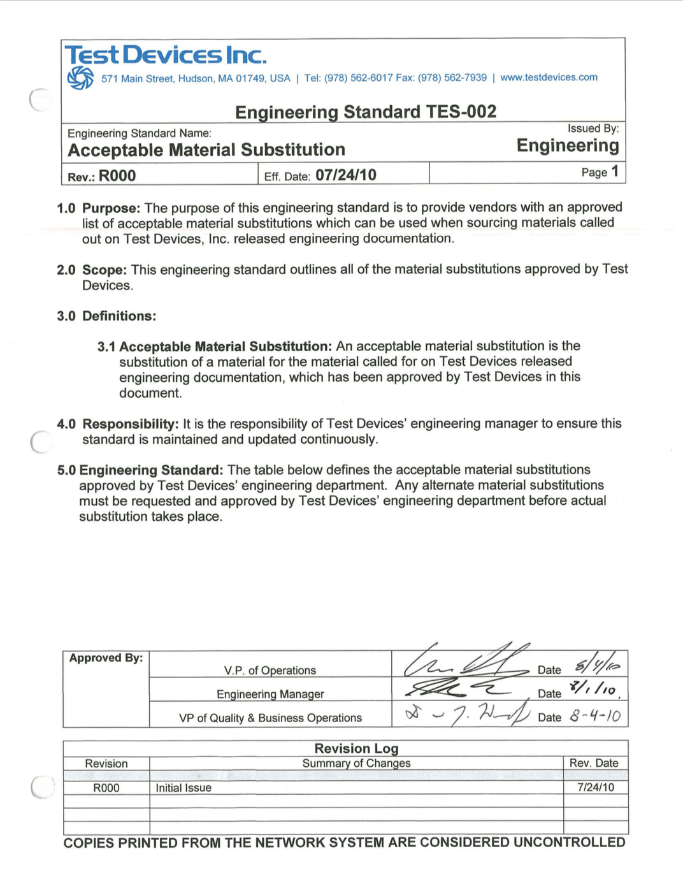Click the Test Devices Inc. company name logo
coord(166,55)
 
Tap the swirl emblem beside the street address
coord(80,78)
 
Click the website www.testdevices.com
coord(549,77)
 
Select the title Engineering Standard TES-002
coord(366,112)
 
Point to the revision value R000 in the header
coord(117,176)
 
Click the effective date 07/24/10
coord(346,175)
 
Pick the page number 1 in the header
coord(615,171)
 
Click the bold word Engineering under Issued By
coord(568,146)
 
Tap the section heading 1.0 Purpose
coord(98,208)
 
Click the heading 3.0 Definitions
coord(106,316)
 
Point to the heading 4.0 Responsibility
coord(118,425)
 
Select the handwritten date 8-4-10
coord(595,715)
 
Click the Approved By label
coord(106,658)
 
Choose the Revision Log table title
coord(356,748)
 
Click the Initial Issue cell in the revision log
coord(183,788)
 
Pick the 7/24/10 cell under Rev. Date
coord(596,787)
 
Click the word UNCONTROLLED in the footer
coord(569,843)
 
